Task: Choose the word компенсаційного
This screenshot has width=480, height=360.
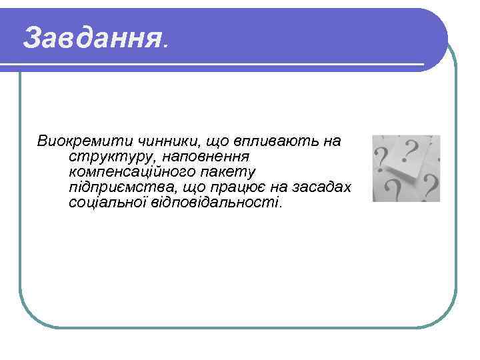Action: point(136,172)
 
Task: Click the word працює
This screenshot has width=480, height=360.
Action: point(253,187)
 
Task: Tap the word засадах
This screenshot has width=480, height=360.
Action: point(323,187)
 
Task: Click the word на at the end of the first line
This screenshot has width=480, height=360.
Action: point(332,141)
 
